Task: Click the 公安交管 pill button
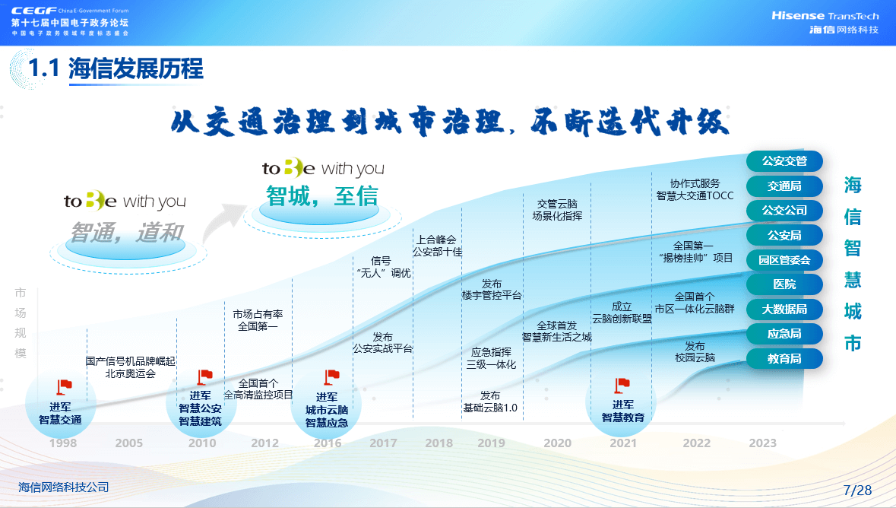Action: pyautogui.click(x=784, y=161)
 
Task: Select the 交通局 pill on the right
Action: pyautogui.click(x=784, y=186)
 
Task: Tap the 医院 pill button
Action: pyautogui.click(x=784, y=284)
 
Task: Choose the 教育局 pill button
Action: pyautogui.click(x=784, y=359)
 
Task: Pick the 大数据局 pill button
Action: pyautogui.click(x=784, y=310)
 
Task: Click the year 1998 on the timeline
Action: pyautogui.click(x=63, y=443)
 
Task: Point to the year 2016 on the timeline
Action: pyautogui.click(x=328, y=443)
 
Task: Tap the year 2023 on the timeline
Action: pyautogui.click(x=763, y=443)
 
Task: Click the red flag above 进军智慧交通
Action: pyautogui.click(x=64, y=387)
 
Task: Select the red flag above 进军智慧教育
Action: pyautogui.click(x=622, y=385)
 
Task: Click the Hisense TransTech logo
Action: pyautogui.click(x=825, y=22)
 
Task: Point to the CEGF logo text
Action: pyautogui.click(x=33, y=11)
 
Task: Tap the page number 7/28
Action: pyautogui.click(x=858, y=491)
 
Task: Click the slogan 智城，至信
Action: pyautogui.click(x=322, y=196)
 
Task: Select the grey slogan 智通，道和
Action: pyautogui.click(x=126, y=233)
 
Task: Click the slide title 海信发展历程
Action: pyautogui.click(x=135, y=68)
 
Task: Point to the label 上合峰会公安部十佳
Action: pyautogui.click(x=437, y=246)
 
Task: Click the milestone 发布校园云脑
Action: pyautogui.click(x=695, y=352)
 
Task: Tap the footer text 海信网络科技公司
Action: pyautogui.click(x=63, y=487)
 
